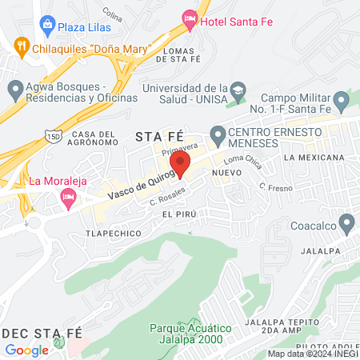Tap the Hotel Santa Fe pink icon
pos(190,18)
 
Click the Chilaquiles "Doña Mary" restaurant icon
pos(22,48)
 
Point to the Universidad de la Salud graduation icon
pos(238,87)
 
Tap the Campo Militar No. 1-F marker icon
pos(341,101)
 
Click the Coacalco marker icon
pos(346,222)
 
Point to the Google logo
pos(26,350)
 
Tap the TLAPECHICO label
pos(114,234)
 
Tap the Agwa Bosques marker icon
pos(15,87)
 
